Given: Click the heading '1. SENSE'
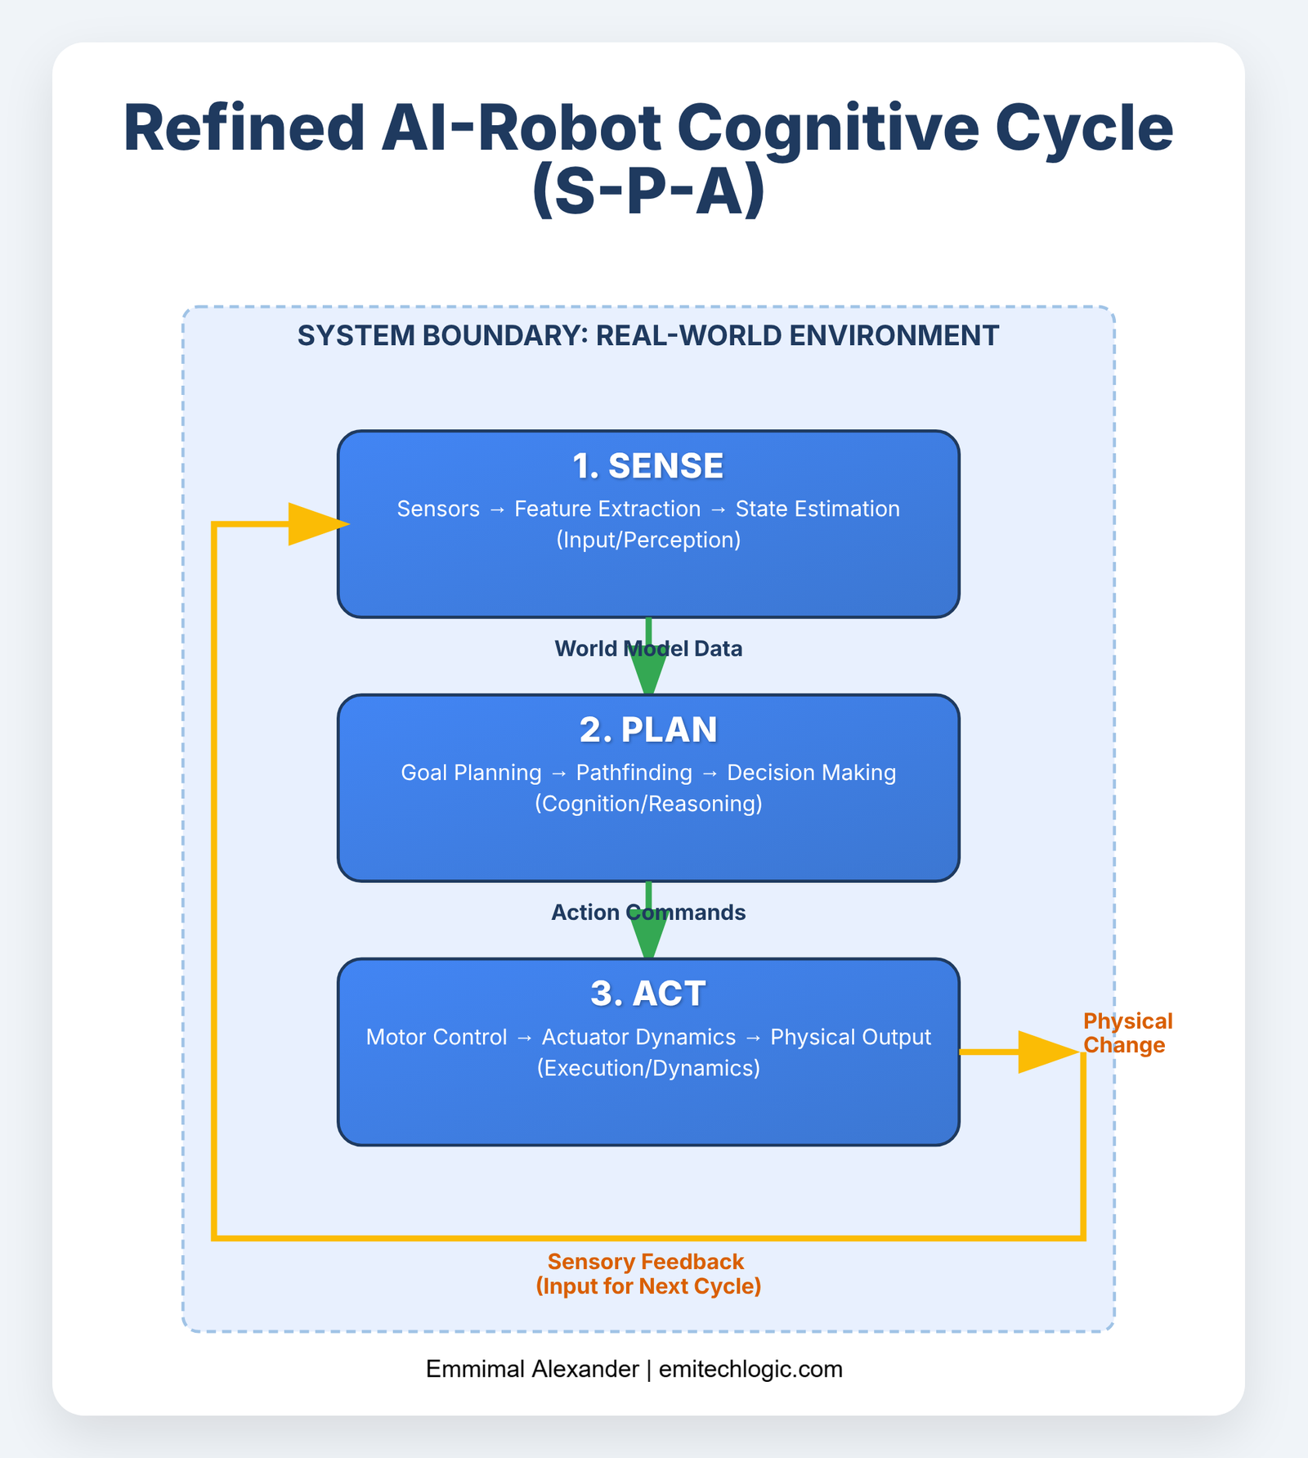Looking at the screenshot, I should [647, 466].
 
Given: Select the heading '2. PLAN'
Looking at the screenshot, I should [647, 730].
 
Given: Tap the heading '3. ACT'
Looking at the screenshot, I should [647, 994].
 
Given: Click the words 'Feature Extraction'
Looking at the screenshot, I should [607, 509].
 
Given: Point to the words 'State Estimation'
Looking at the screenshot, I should [817, 509].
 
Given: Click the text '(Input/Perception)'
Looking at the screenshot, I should [648, 540].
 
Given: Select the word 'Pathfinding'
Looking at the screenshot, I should [634, 773].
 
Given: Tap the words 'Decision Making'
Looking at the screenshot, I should [812, 773].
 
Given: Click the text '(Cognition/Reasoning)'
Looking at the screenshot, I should [648, 804].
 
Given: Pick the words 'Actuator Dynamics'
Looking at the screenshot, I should [638, 1037].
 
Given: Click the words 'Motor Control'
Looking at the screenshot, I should [437, 1037].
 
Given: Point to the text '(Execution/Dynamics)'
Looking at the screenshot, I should [648, 1068].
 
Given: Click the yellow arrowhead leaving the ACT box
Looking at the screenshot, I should [1046, 1052].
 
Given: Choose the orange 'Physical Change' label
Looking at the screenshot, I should [1127, 1033].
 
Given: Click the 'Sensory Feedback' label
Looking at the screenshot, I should [646, 1262].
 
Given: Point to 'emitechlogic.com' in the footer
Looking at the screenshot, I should [750, 1369].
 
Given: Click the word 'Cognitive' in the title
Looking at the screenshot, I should [829, 128].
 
